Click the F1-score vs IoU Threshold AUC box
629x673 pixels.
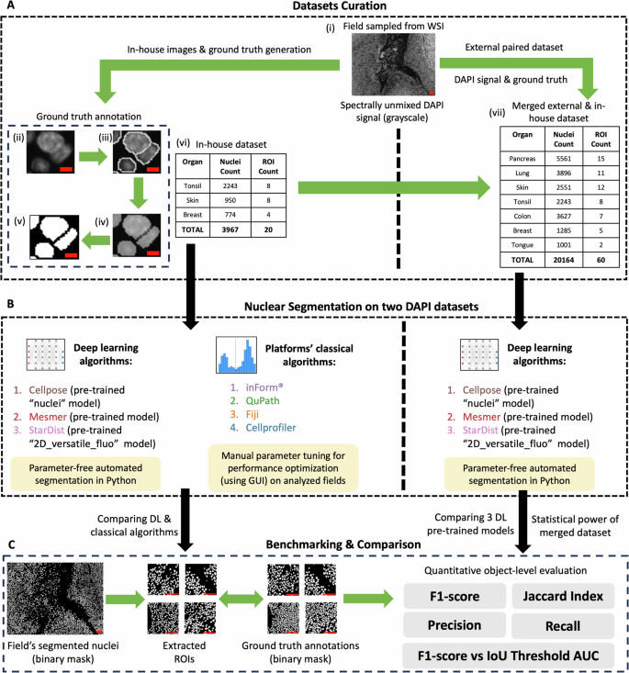(x=505, y=657)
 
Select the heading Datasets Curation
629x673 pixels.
(x=314, y=8)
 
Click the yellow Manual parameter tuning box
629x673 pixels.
(x=284, y=466)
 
